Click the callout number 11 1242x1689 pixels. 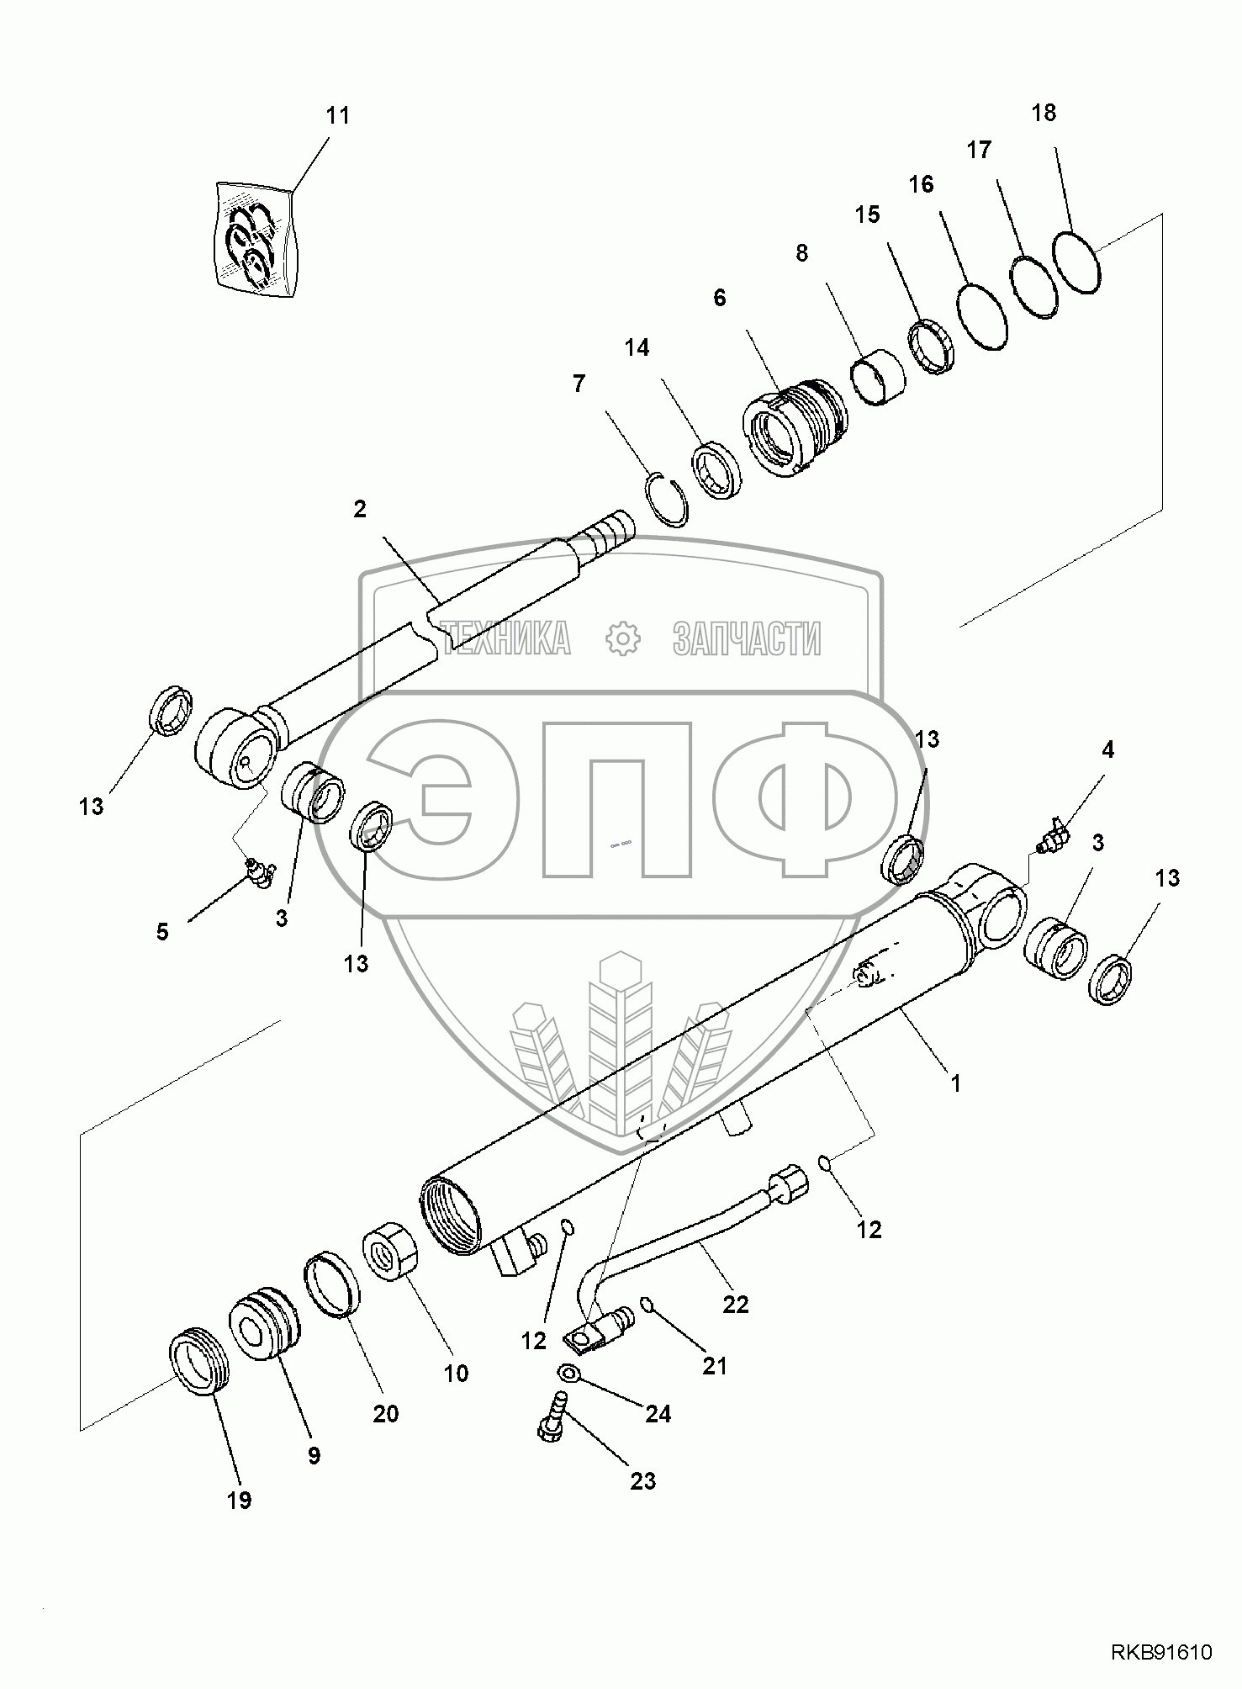click(x=337, y=115)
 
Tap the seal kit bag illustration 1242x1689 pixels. click(x=256, y=238)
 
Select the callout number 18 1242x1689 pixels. click(x=1044, y=113)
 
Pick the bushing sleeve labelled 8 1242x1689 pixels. click(x=880, y=379)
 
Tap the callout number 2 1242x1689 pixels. click(x=360, y=510)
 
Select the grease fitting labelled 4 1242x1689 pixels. click(x=1054, y=835)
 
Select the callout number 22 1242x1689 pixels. click(x=736, y=1304)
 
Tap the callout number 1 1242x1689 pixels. click(x=955, y=1084)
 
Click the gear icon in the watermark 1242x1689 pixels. click(x=623, y=639)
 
